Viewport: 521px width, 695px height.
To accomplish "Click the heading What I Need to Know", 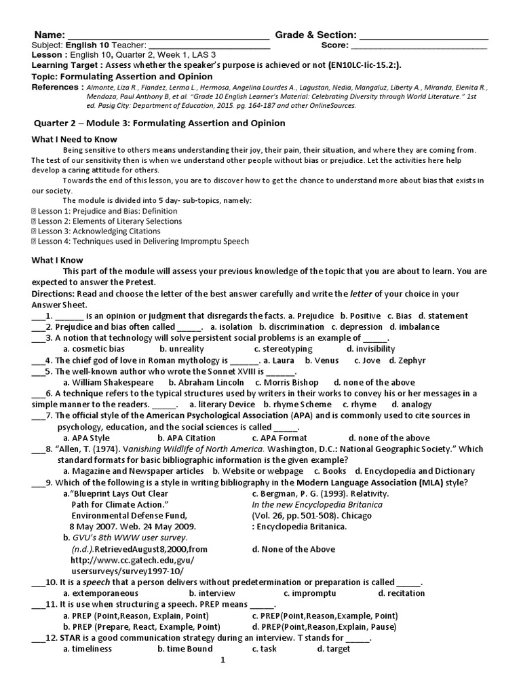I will click(75, 139).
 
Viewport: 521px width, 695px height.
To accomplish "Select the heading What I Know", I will click(58, 260).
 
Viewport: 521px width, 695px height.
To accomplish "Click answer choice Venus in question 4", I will click(318, 360).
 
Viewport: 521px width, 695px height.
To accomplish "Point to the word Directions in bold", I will click(56, 293).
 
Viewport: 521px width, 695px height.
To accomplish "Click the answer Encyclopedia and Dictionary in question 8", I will click(419, 470).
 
